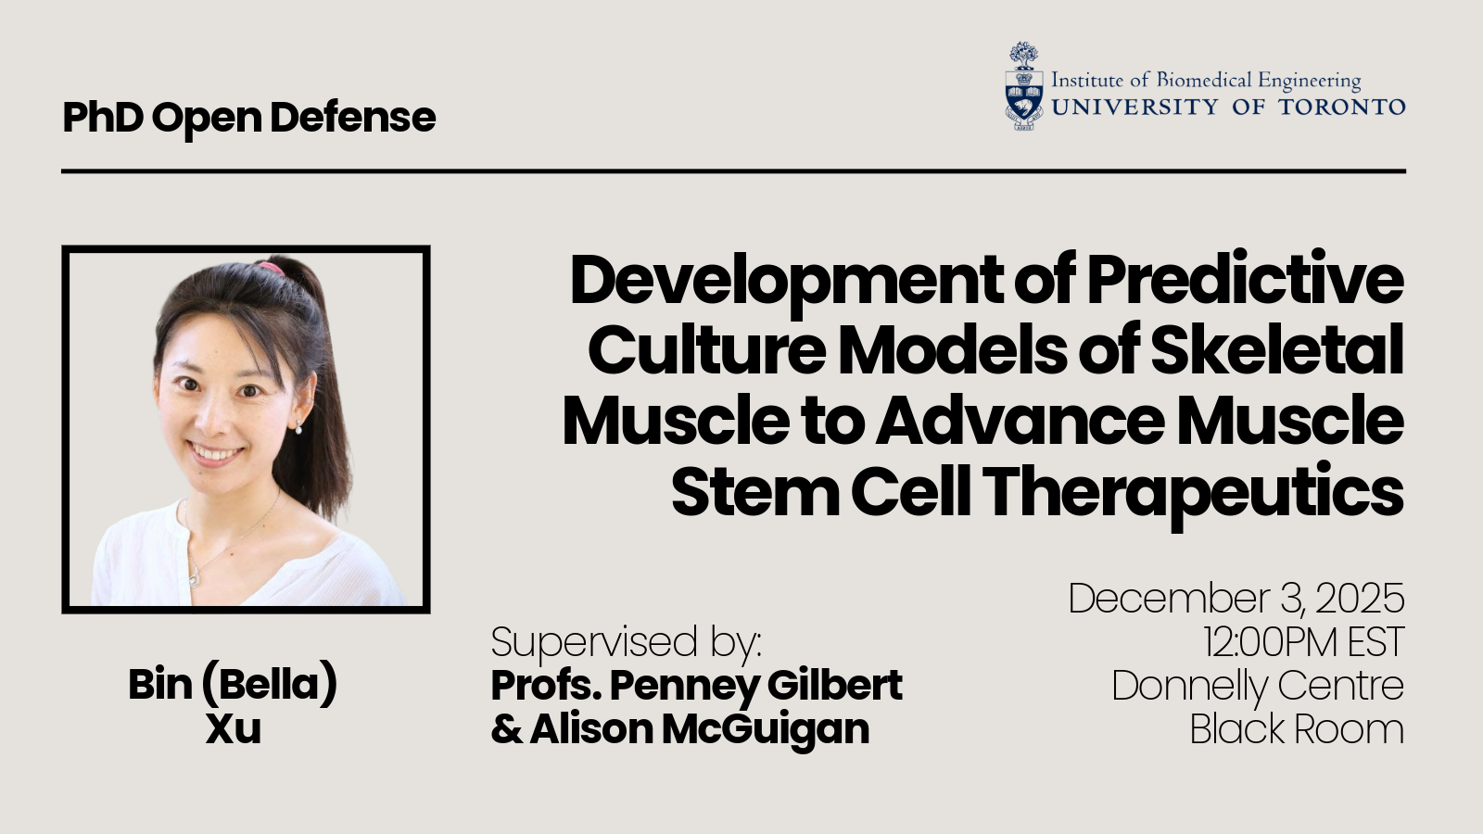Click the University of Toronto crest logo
(1023, 86)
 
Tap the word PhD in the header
(103, 117)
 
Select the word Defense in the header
(353, 117)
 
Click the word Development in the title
(785, 281)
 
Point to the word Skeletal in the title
(1277, 350)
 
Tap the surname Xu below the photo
(233, 728)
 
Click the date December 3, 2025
(1236, 599)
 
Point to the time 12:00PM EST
(1303, 642)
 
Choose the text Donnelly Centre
(1258, 686)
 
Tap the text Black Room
(1297, 728)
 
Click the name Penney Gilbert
(755, 686)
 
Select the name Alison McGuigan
(699, 728)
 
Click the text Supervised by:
(627, 642)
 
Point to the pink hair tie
(270, 268)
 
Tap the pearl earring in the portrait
(298, 430)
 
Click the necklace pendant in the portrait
(194, 578)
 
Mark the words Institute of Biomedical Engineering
(1206, 80)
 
